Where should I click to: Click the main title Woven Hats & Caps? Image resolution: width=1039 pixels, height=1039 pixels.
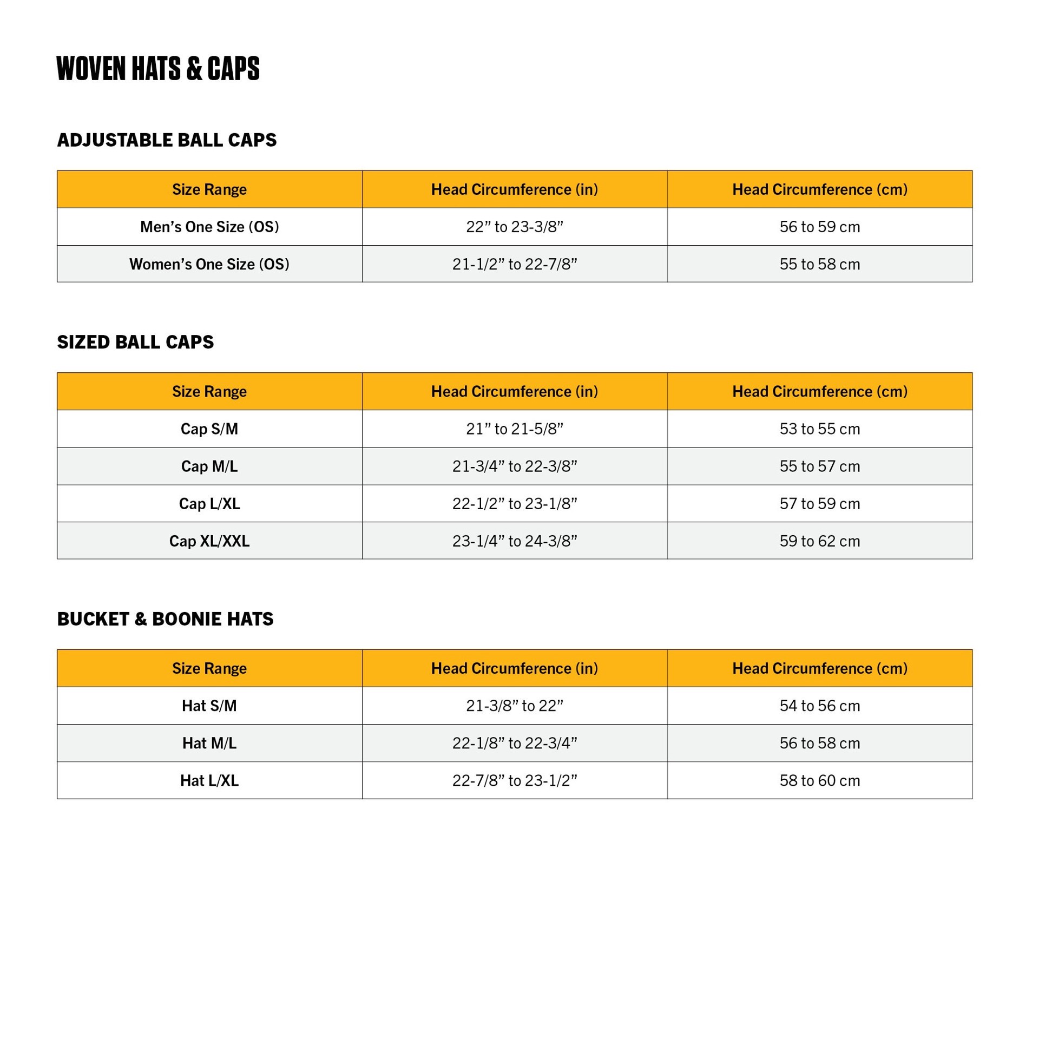(157, 69)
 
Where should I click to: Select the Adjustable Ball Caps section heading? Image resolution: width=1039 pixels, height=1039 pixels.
(167, 140)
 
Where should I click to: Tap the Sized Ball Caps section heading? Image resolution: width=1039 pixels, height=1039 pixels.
(135, 342)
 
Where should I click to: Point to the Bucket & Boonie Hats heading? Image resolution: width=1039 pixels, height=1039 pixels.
(165, 619)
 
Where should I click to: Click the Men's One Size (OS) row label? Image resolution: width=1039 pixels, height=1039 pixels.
(209, 227)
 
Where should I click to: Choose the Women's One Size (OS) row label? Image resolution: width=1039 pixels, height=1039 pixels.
(209, 264)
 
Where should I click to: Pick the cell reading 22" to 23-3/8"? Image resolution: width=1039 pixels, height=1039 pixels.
(514, 227)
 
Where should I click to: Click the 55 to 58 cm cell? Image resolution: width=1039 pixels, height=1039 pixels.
(819, 264)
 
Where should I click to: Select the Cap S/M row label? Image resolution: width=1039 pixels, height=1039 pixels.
(209, 429)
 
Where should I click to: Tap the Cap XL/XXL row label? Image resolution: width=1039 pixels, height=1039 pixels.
(209, 541)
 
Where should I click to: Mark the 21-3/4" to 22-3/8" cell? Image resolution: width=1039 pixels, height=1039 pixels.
(514, 466)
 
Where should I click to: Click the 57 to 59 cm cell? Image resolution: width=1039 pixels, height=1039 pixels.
(819, 503)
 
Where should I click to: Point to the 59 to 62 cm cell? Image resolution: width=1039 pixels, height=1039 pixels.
(819, 541)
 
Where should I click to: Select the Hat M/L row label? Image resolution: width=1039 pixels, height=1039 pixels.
(209, 743)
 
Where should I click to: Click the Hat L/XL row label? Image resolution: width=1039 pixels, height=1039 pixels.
(209, 780)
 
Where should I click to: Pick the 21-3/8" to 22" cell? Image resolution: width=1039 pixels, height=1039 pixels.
(514, 706)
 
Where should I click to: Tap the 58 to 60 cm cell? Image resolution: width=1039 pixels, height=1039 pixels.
(819, 780)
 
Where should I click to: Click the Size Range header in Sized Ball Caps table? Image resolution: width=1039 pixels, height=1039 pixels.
(209, 391)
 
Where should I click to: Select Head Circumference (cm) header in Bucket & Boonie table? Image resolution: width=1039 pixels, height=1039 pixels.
(819, 668)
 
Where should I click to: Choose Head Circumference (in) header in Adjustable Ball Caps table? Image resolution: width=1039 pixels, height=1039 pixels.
(514, 189)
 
